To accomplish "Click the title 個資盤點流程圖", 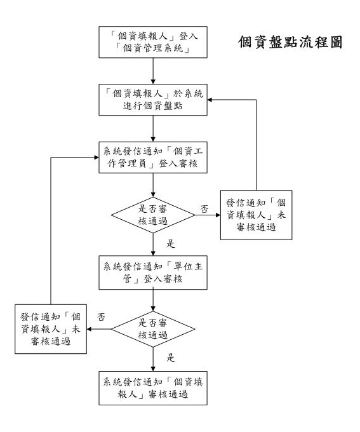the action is click(290, 42).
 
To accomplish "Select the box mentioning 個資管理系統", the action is click(153, 42).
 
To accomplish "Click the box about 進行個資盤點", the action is click(153, 100).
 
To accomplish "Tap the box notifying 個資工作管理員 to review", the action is click(153, 158).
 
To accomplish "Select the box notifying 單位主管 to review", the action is click(153, 273).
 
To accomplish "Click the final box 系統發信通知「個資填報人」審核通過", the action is click(153, 388).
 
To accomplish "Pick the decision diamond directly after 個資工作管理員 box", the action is click(153, 215).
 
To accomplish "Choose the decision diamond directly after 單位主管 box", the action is click(153, 329).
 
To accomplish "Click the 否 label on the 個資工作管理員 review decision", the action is click(204, 209).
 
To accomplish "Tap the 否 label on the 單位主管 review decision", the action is click(101, 317).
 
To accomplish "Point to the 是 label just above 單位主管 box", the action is click(171, 243).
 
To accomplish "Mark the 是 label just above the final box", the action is click(171, 358).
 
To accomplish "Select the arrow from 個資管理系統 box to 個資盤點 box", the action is click(153, 71).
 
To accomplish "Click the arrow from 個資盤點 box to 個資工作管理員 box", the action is click(153, 129).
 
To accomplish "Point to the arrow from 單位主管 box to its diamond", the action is click(153, 300).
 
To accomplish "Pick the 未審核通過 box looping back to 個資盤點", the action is click(256, 215).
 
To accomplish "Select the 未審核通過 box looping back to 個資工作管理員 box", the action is click(51, 329).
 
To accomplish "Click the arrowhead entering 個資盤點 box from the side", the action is click(210, 100).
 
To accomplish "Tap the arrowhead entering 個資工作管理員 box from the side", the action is click(97, 158).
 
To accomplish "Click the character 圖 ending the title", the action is click(336, 42).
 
